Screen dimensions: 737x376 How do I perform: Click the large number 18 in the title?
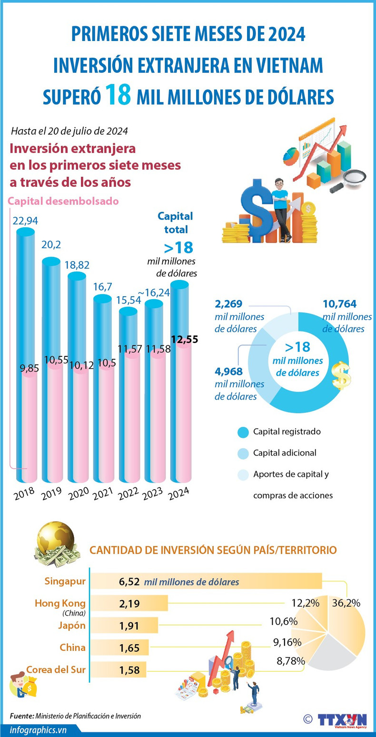[118, 94]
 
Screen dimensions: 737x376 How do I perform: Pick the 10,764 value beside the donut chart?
[339, 304]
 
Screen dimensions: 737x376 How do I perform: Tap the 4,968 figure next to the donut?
[229, 372]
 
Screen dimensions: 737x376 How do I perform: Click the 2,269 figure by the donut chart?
[229, 304]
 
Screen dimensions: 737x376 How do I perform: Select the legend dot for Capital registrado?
[243, 432]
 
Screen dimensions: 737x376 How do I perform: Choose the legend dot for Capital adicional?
[243, 454]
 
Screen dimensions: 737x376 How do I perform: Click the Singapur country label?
[65, 581]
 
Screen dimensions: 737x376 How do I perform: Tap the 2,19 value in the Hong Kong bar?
[129, 604]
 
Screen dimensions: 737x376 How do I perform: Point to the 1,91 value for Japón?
[129, 626]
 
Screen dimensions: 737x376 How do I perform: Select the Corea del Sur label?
[56, 669]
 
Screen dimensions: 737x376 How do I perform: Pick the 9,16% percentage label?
[287, 642]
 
